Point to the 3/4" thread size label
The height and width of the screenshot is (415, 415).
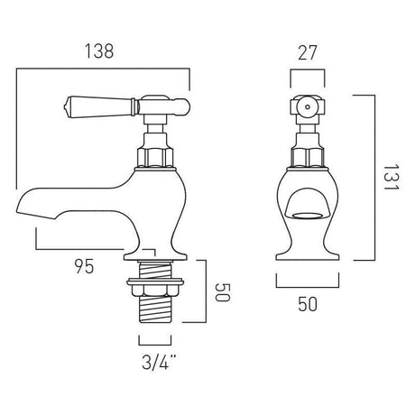click(x=157, y=365)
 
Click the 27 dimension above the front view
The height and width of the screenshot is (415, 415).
click(x=307, y=53)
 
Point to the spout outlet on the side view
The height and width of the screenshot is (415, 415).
click(x=24, y=207)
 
